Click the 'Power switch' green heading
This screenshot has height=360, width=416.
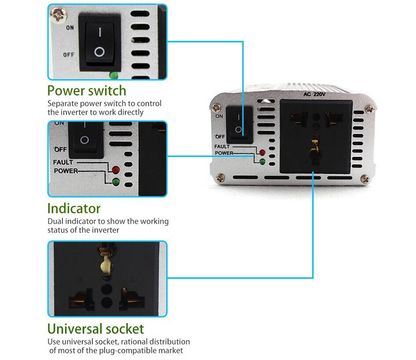(x=87, y=91)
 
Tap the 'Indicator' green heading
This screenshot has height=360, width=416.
(x=74, y=208)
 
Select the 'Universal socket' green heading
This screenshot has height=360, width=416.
(x=95, y=329)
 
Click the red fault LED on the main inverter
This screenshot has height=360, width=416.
(x=263, y=153)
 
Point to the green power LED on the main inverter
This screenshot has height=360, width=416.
(x=263, y=161)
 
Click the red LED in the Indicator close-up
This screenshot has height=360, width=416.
(x=116, y=170)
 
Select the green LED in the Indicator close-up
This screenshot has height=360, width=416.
(x=116, y=182)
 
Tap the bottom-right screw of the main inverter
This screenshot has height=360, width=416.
(x=365, y=178)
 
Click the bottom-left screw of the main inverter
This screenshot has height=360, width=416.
(x=221, y=178)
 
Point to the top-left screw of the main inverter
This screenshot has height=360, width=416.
(x=216, y=107)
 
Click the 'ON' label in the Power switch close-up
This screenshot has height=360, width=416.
(x=70, y=28)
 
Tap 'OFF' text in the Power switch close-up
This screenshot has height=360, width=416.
(x=69, y=55)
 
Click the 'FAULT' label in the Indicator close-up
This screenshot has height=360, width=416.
(x=63, y=163)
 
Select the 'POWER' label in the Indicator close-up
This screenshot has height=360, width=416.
(x=66, y=171)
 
